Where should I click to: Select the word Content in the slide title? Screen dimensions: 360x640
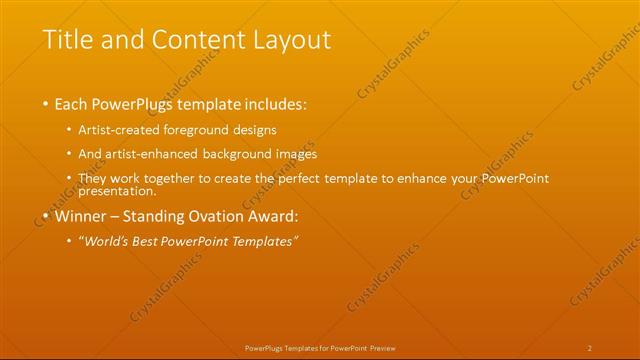[187, 41]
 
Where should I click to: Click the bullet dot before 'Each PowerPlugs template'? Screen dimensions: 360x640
[46, 104]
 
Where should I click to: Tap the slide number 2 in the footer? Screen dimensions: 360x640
[590, 347]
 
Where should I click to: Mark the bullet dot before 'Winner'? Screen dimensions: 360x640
[46, 216]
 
